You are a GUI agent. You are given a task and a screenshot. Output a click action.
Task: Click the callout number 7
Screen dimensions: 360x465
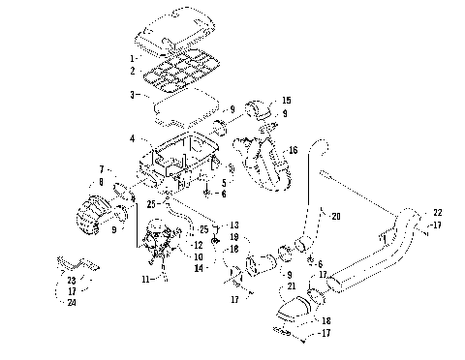coord(102,168)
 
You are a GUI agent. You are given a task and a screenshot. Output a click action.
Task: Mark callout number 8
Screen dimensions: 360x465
coord(101,181)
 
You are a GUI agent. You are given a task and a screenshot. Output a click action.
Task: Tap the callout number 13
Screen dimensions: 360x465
coord(233,225)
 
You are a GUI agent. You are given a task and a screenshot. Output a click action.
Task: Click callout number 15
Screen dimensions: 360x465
coord(286,101)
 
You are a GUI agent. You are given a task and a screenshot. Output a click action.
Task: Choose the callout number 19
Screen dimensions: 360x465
coord(233,236)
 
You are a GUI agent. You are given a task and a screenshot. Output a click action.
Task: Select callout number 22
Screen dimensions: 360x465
coord(437,212)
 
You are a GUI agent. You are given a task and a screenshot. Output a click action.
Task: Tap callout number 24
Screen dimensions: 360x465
coord(73,302)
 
